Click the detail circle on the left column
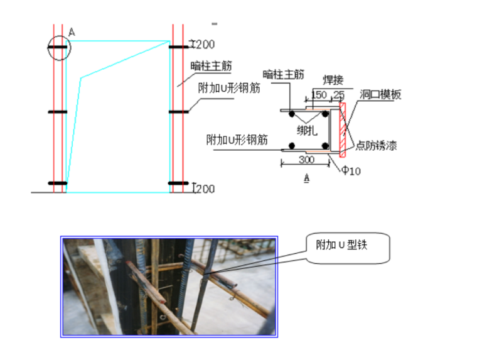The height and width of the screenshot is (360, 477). [x=58, y=46]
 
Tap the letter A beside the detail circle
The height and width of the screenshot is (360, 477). [x=71, y=31]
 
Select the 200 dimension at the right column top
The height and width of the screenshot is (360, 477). [x=205, y=45]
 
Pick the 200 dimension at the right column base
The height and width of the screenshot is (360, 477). [x=205, y=188]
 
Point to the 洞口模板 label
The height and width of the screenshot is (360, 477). [x=380, y=95]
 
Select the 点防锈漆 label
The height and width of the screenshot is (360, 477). [x=375, y=146]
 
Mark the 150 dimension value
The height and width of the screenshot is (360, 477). [x=319, y=95]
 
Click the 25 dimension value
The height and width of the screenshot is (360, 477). [x=340, y=95]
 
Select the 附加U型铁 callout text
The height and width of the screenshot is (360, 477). [x=340, y=245]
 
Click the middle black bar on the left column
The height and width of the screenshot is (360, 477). [x=58, y=112]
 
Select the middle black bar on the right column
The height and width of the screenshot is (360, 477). [x=178, y=112]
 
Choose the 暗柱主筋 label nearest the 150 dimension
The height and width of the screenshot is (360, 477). [x=284, y=75]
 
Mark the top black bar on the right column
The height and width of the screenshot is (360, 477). [x=178, y=46]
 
